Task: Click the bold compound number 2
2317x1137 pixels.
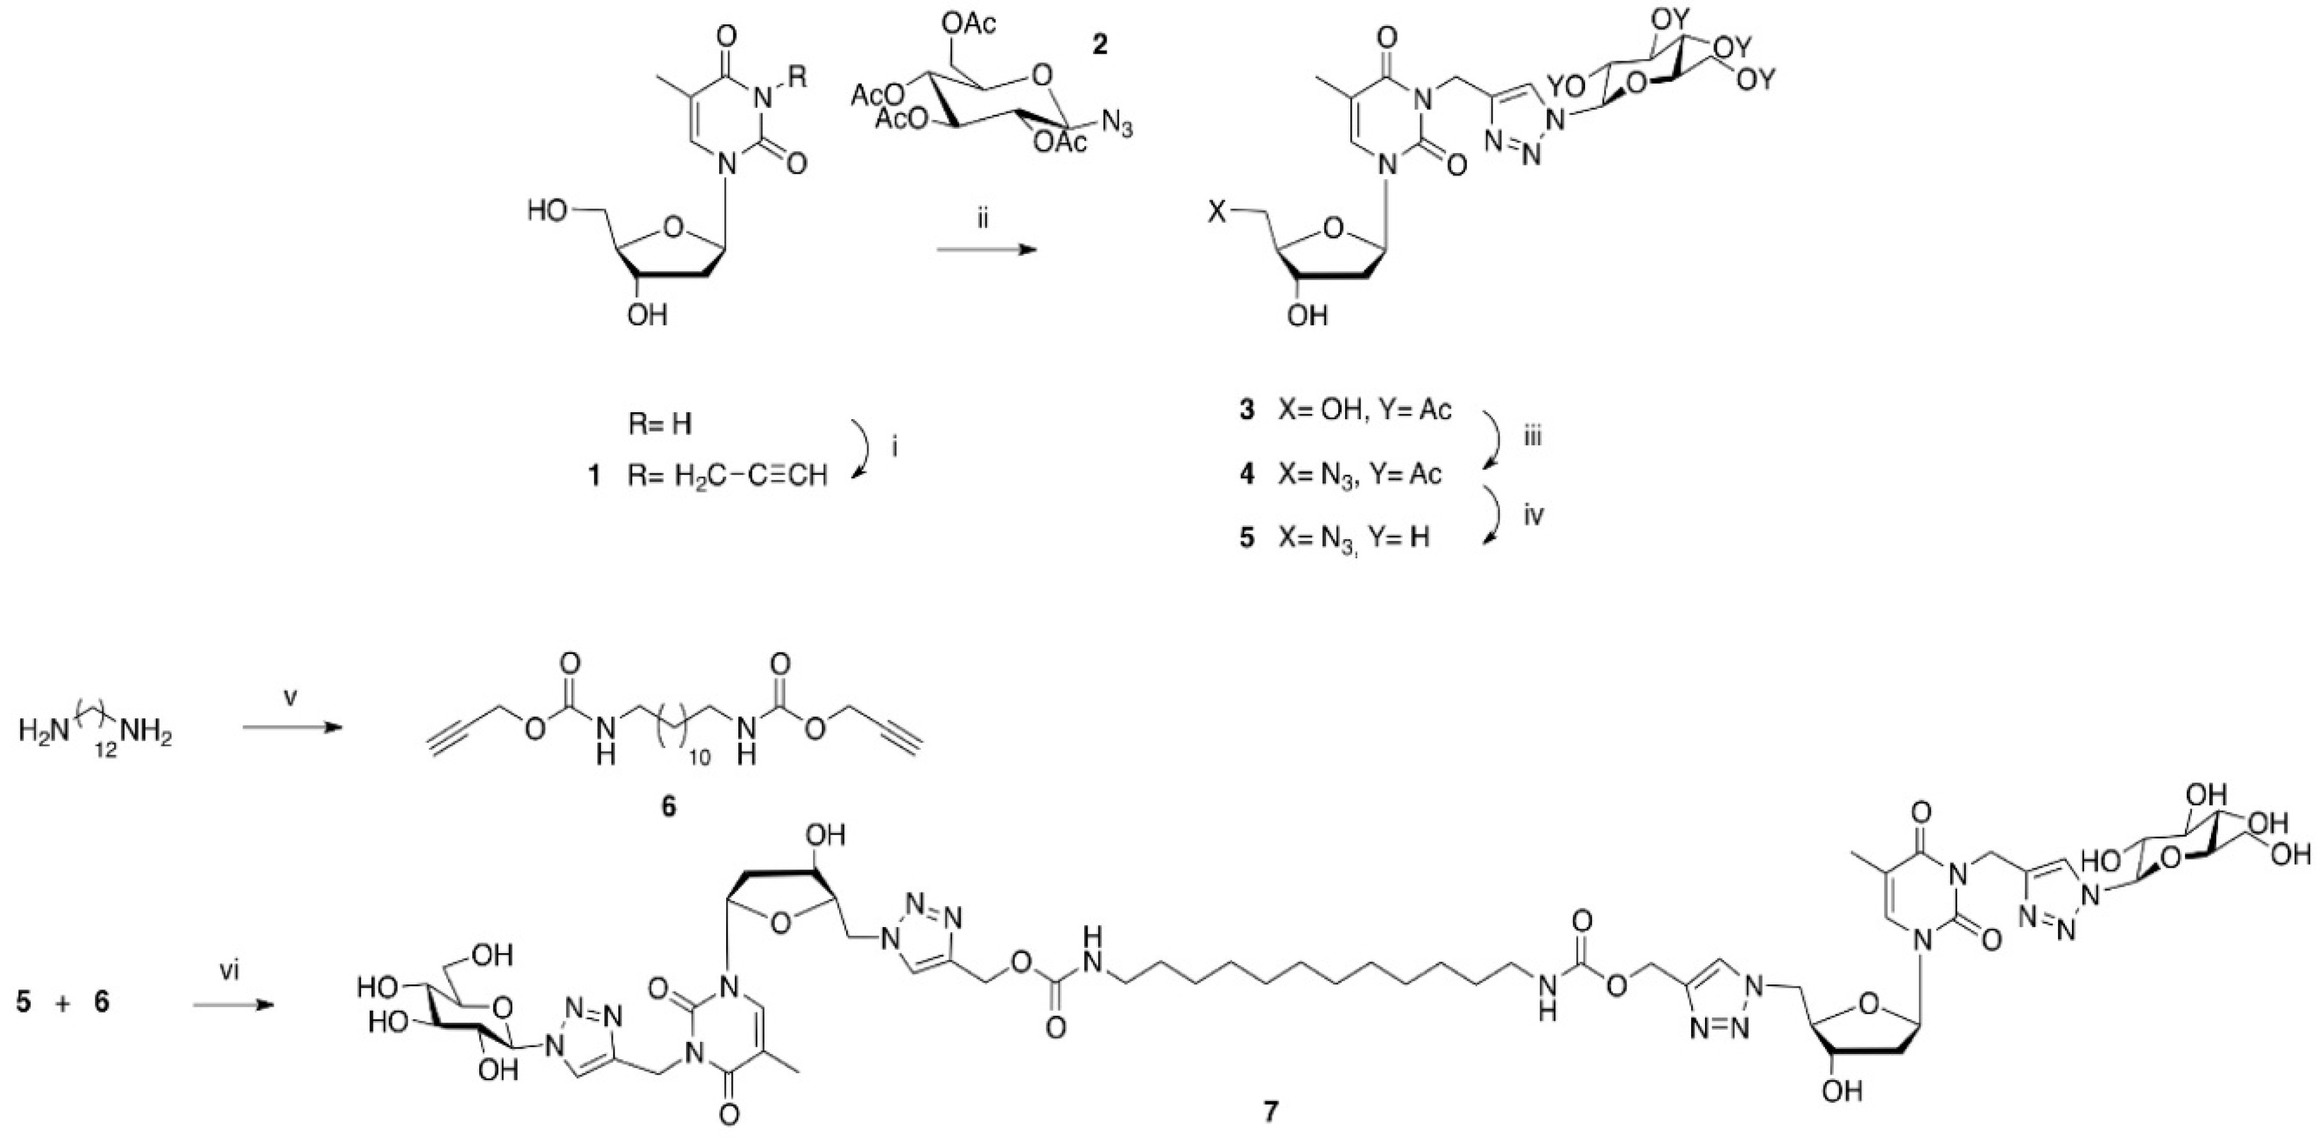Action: [1099, 44]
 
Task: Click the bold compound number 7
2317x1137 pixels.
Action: [1269, 1112]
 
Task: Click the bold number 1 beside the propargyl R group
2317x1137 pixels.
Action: [593, 475]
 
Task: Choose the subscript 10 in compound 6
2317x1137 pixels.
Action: [699, 757]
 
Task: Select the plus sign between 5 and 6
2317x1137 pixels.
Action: [63, 1001]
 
